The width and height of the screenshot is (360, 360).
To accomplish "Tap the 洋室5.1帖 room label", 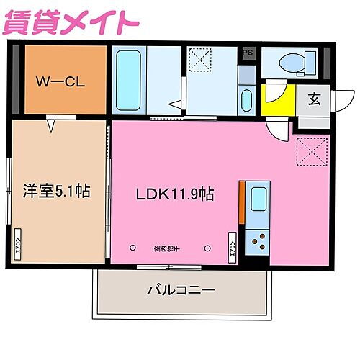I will coord(55,192).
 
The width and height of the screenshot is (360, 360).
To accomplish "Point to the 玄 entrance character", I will coord(315,99).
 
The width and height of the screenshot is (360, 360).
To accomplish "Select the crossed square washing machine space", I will coord(199,59).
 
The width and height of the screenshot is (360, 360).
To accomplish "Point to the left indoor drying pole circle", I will coord(132,248).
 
